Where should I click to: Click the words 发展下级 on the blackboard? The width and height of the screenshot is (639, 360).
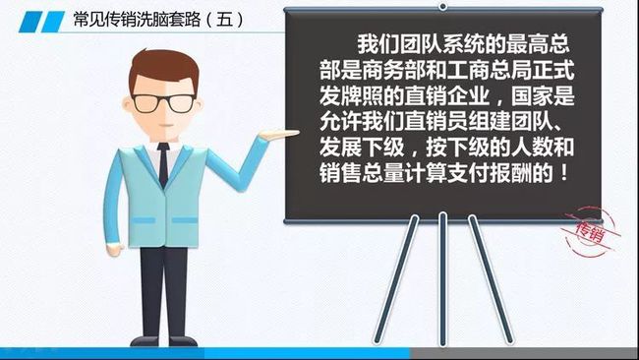click(x=370, y=150)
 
